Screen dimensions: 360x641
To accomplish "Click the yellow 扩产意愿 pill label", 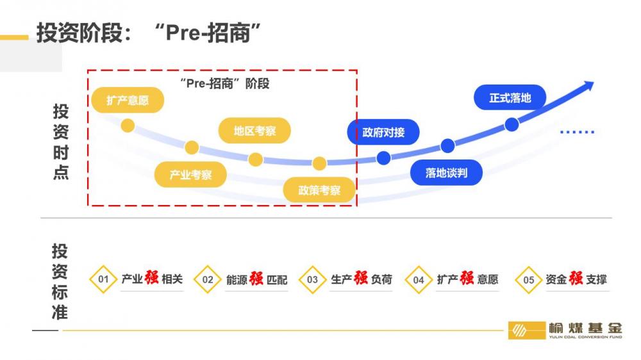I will tap(128, 101).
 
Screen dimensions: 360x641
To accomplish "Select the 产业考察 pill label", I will tap(191, 174).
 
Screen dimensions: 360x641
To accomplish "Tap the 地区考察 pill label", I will tap(254, 131).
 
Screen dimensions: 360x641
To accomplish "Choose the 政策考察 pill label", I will tap(319, 190).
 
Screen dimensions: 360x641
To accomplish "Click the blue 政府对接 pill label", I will tap(383, 133).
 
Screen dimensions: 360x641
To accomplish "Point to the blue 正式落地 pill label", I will tap(510, 98).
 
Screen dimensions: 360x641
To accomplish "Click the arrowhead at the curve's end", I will tap(588, 86).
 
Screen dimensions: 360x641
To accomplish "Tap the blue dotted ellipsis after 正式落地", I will tap(577, 132).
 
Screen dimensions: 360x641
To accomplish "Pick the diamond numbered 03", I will tap(312, 279).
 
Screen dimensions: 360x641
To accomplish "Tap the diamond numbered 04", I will tap(419, 279).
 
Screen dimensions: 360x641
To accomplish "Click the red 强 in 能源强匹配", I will tap(256, 278).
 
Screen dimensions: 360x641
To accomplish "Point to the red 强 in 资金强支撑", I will tap(576, 278).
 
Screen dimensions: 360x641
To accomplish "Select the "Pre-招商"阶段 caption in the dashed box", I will tap(224, 83).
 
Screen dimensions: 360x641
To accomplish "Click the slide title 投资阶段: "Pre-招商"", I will tap(151, 33).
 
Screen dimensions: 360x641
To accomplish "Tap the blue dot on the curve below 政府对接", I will tap(383, 158).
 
